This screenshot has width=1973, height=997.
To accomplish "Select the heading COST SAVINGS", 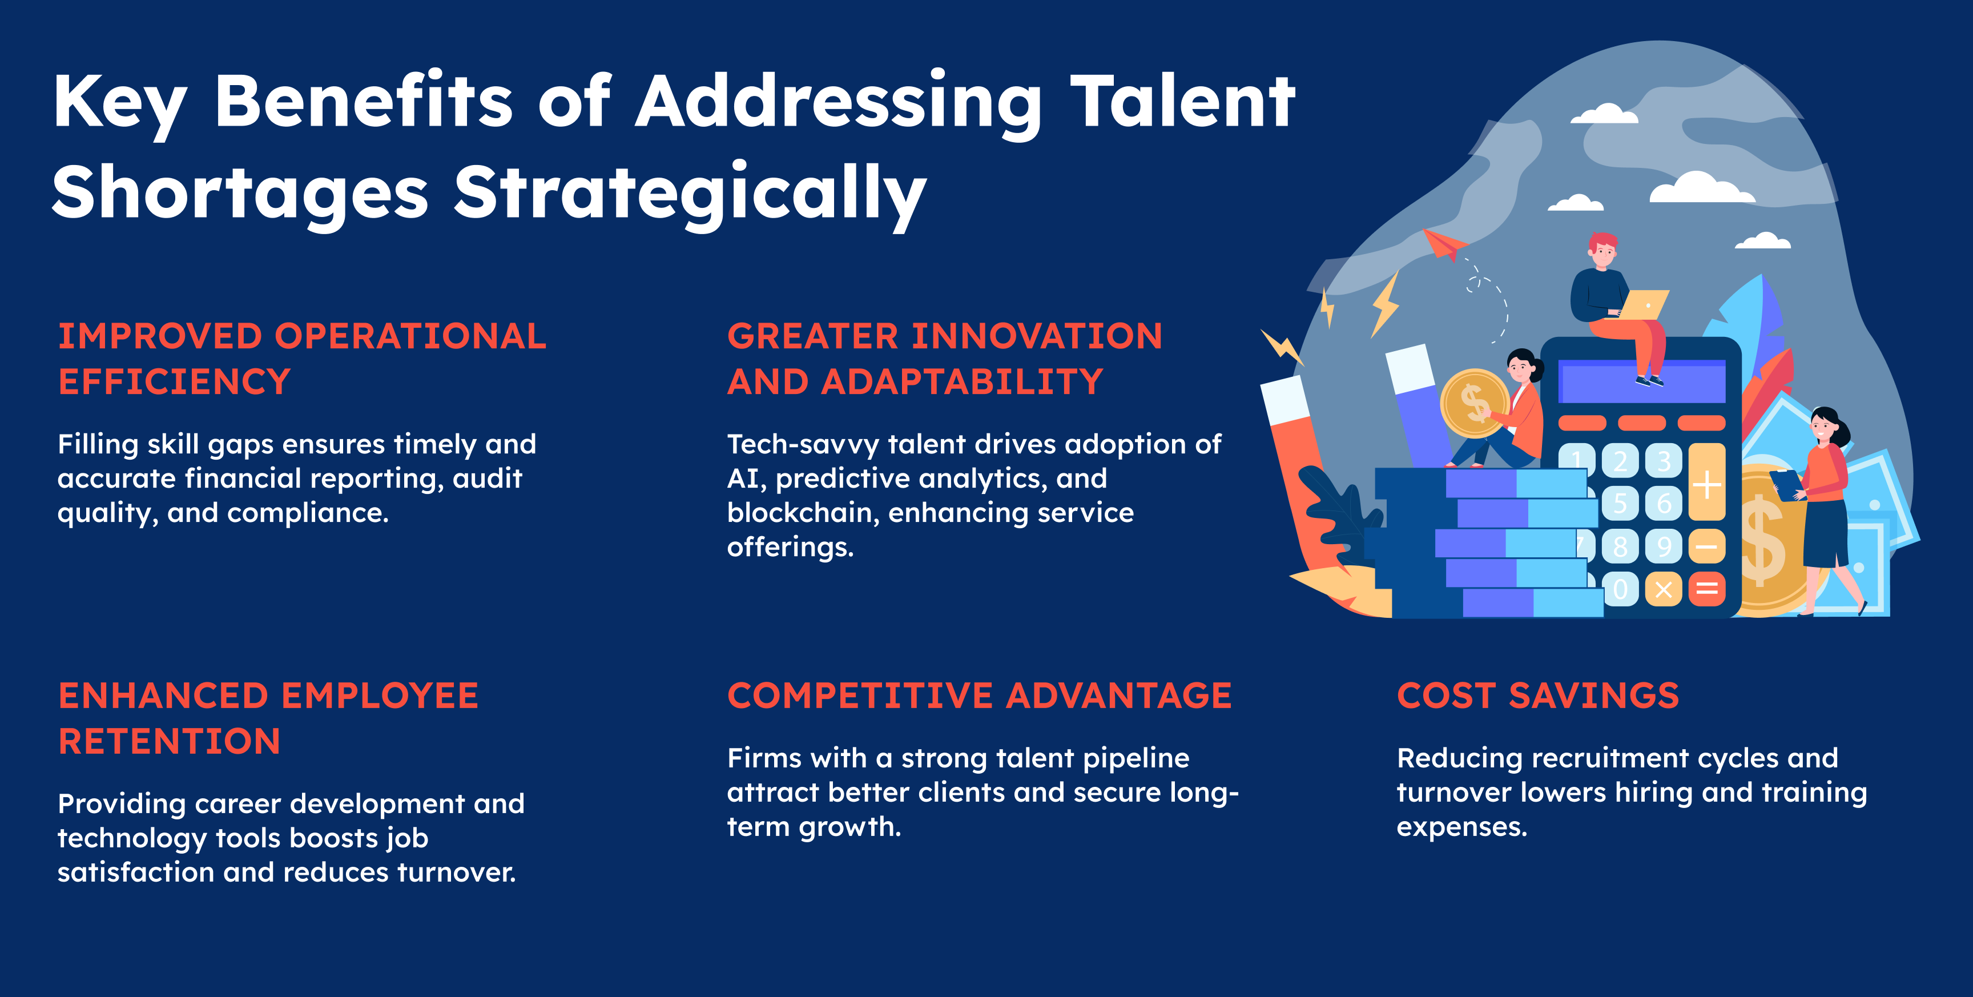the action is (x=1538, y=696).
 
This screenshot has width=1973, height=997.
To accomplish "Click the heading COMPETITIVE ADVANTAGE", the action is (x=980, y=696).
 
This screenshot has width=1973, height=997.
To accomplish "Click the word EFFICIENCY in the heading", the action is (x=175, y=381).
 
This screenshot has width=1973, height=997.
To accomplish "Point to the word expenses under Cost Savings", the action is (x=1462, y=827).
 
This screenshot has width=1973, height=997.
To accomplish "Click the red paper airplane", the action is (x=1444, y=244).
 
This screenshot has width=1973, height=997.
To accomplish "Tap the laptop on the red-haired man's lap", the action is (x=1644, y=304).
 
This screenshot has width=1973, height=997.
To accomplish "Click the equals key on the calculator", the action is (x=1706, y=589).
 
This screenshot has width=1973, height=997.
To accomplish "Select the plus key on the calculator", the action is (x=1706, y=482).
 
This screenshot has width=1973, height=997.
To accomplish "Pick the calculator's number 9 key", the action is (x=1664, y=546).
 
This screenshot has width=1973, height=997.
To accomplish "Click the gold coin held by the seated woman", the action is (x=1475, y=403).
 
